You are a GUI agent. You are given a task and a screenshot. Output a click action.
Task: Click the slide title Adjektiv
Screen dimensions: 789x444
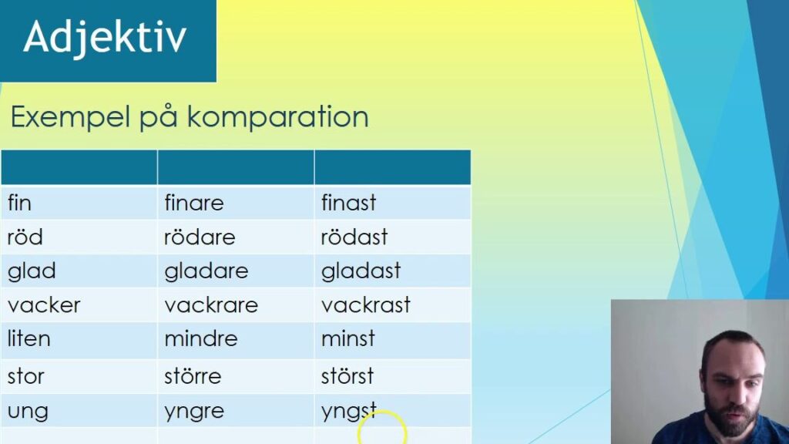pyautogui.click(x=105, y=38)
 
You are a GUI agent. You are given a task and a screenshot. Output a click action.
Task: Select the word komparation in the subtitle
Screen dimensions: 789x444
pyautogui.click(x=277, y=117)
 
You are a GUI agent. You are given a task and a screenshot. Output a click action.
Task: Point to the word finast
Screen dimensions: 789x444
pyautogui.click(x=348, y=203)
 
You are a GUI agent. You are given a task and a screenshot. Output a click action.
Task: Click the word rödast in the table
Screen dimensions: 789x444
pyautogui.click(x=354, y=237)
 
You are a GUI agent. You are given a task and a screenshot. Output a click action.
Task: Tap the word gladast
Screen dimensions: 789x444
pyautogui.click(x=361, y=271)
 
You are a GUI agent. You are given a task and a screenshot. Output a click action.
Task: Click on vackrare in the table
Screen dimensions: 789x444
pyautogui.click(x=211, y=305)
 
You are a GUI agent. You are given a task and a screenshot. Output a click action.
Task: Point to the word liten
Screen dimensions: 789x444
pyautogui.click(x=29, y=338)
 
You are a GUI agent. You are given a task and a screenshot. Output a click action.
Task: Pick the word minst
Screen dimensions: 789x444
pyautogui.click(x=347, y=338)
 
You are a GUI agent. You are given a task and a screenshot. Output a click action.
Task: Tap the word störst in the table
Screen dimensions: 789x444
pyautogui.click(x=347, y=375)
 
